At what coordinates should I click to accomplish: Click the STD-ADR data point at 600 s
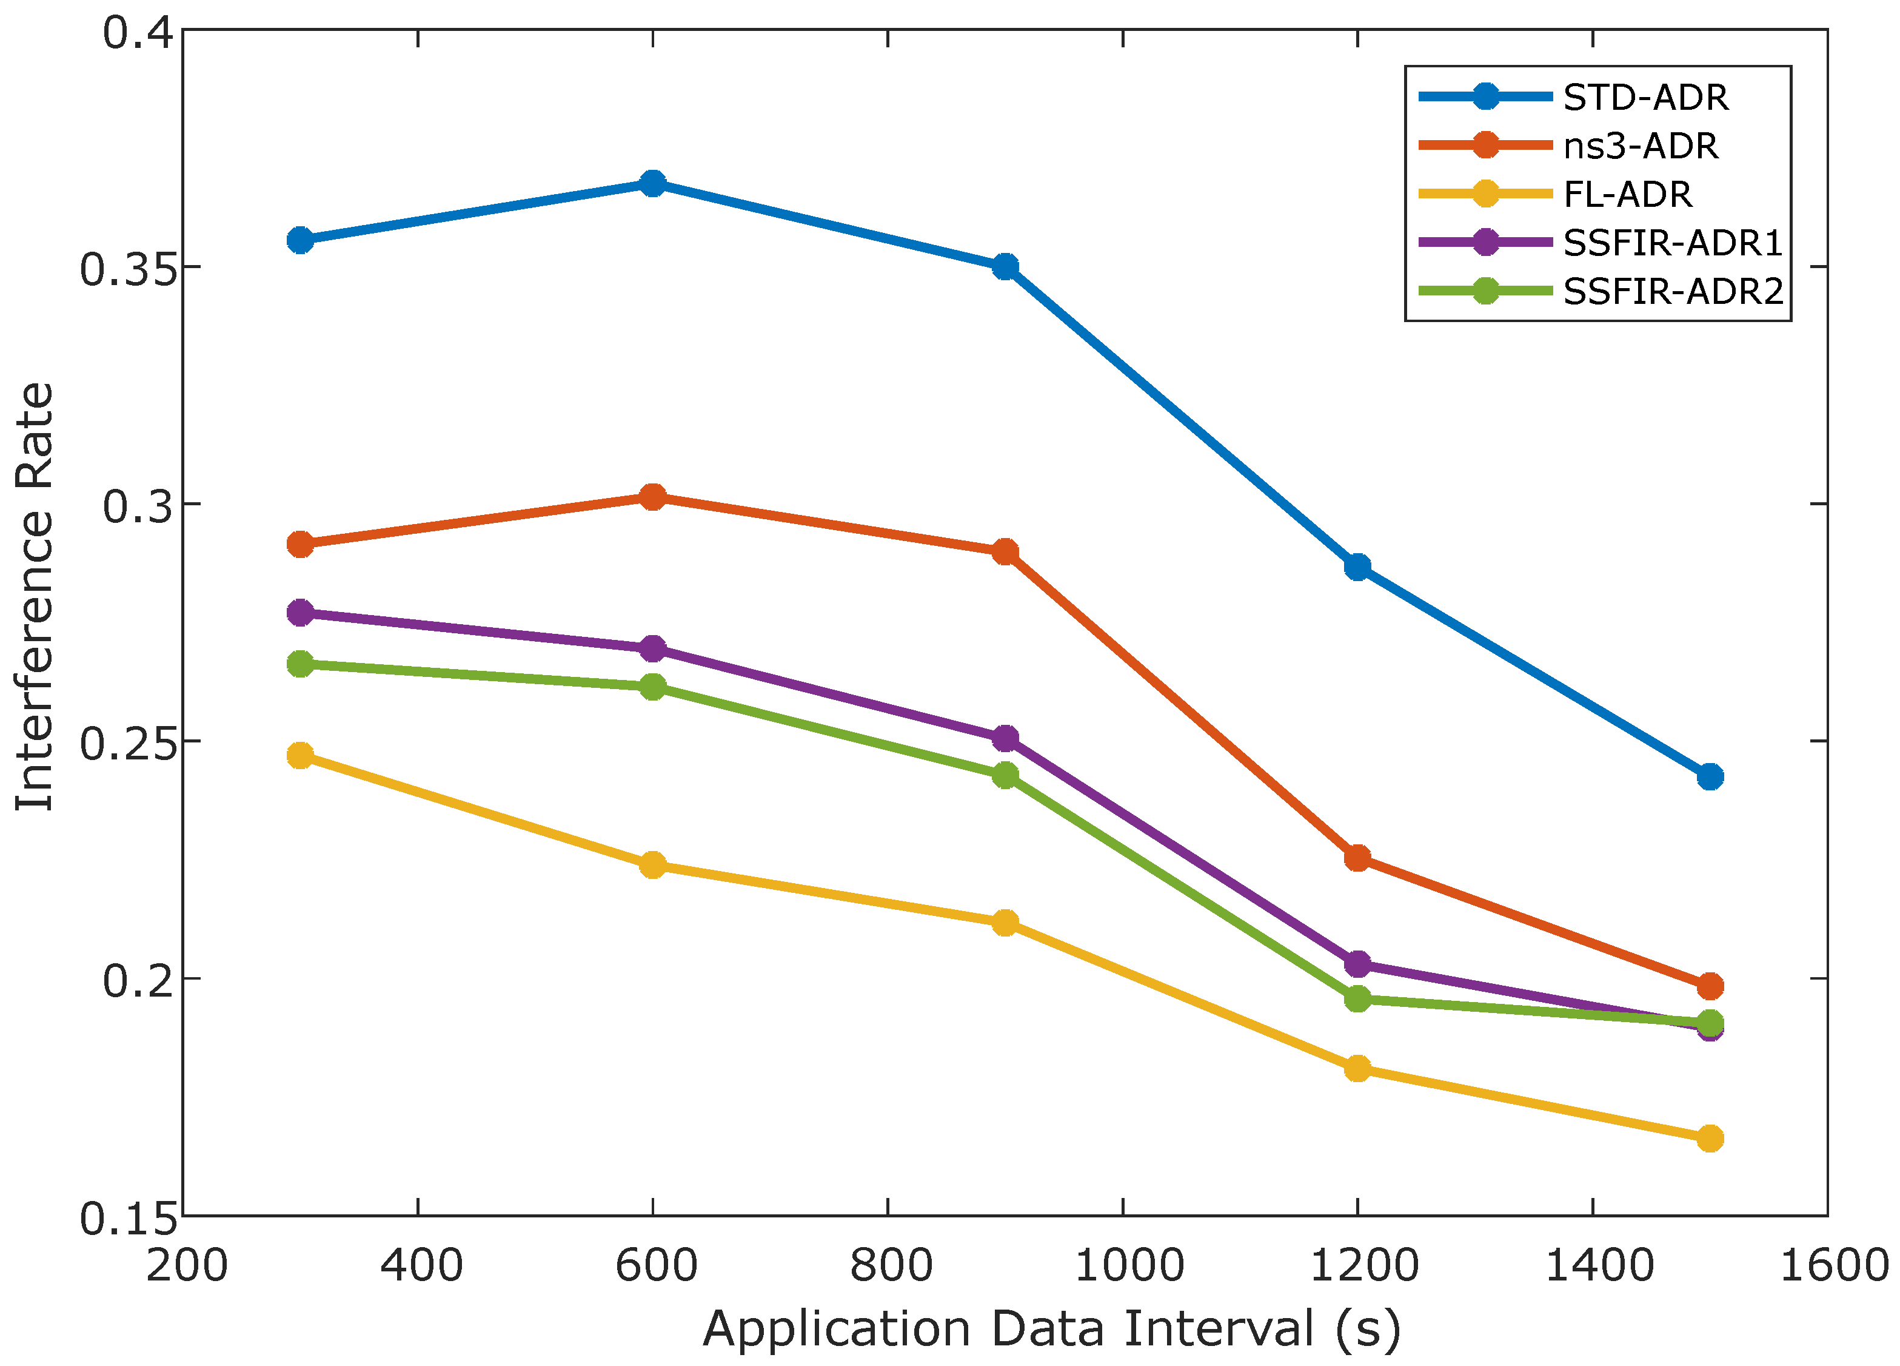(x=652, y=184)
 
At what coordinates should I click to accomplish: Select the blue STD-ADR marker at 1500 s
(x=1710, y=777)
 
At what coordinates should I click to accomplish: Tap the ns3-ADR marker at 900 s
(x=1005, y=552)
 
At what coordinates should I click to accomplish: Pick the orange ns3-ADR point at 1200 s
(x=1357, y=857)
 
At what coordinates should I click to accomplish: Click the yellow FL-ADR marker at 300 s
(x=300, y=755)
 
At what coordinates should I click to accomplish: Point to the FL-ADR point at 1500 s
(x=1710, y=1138)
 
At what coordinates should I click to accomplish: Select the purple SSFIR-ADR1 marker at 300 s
(x=300, y=613)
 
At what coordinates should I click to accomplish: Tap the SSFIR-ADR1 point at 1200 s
(x=1357, y=964)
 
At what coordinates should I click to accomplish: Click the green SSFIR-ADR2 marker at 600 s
(x=652, y=687)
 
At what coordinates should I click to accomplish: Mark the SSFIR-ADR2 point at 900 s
(x=1005, y=775)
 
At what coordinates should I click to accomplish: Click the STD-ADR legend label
(x=1645, y=98)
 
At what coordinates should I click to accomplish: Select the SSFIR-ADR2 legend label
(x=1672, y=292)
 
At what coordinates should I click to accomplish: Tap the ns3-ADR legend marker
(x=1485, y=145)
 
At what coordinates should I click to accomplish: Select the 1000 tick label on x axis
(x=1128, y=1265)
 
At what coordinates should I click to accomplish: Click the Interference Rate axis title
(x=35, y=597)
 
